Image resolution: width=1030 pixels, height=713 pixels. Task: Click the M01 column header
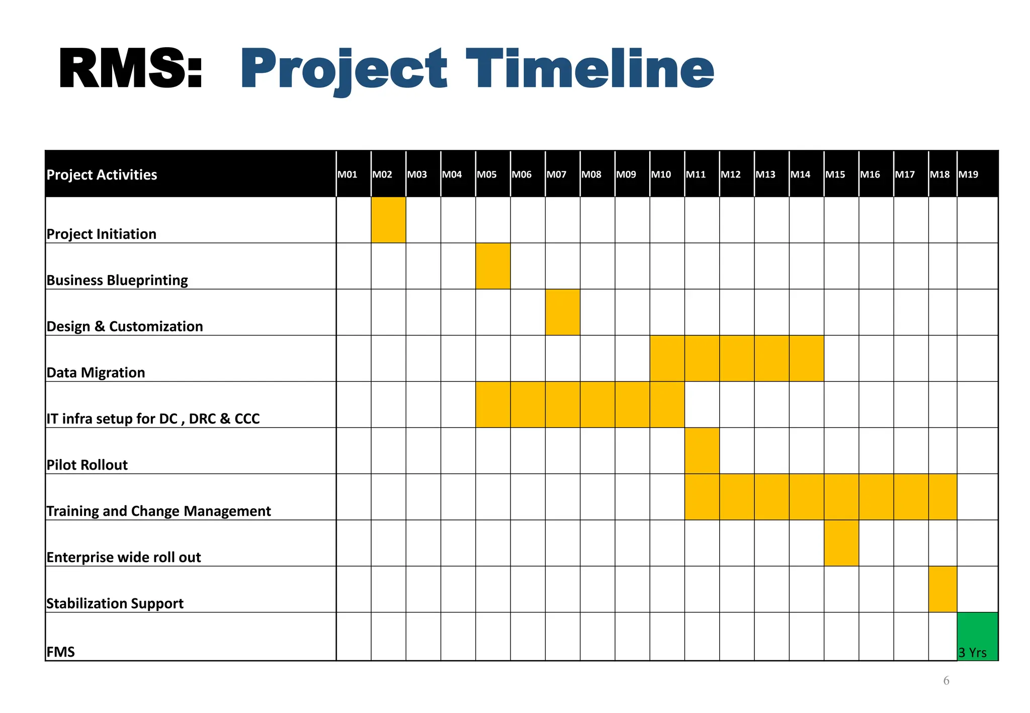[348, 174]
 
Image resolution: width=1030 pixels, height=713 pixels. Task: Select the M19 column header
[968, 174]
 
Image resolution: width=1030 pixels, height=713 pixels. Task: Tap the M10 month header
[661, 174]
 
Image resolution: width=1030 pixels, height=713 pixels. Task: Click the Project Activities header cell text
[102, 174]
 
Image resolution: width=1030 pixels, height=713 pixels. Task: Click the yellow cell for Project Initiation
[388, 220]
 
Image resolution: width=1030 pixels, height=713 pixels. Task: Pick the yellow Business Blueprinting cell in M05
[493, 266]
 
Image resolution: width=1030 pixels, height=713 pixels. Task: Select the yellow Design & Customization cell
[562, 312]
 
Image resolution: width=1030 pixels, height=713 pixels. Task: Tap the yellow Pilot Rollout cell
[702, 451]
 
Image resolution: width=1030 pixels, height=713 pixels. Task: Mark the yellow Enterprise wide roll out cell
[841, 543]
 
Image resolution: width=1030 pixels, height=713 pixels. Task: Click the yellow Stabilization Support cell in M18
[942, 589]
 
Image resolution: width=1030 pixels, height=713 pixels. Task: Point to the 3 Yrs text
[972, 652]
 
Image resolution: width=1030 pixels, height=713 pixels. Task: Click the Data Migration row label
[96, 373]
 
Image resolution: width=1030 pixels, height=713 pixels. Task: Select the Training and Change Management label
[158, 511]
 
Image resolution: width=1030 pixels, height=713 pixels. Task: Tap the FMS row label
[60, 652]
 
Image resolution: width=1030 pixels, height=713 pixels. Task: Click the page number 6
[946, 681]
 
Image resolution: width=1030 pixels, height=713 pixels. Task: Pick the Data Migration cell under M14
[806, 359]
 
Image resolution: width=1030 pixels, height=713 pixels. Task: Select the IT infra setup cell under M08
[597, 405]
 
